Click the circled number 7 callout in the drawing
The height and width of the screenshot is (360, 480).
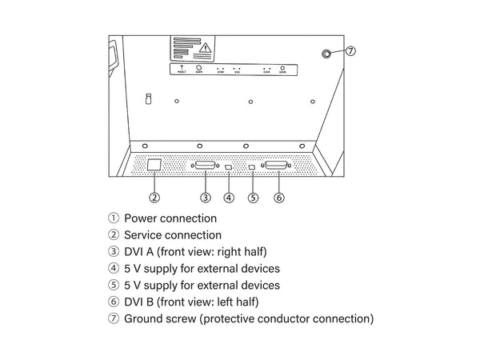[350, 51]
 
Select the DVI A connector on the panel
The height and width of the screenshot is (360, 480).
[206, 166]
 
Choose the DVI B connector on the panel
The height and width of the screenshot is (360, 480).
[278, 166]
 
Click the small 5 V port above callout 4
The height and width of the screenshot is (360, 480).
[229, 167]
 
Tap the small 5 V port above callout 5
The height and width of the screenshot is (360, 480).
[253, 167]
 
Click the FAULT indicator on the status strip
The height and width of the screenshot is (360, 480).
[181, 70]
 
